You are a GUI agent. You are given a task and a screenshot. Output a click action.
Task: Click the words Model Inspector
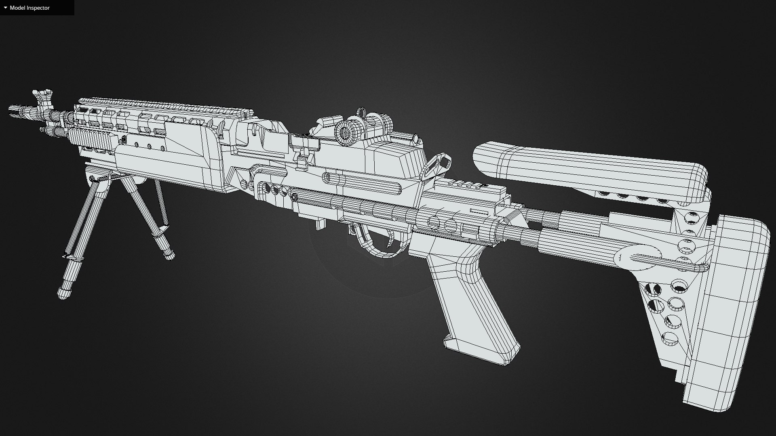coord(30,8)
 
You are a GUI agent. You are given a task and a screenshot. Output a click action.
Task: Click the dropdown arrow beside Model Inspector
coord(5,8)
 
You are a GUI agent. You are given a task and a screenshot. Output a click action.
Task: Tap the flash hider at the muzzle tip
coord(16,110)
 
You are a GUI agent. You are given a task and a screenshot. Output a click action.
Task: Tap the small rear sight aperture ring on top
coord(361,112)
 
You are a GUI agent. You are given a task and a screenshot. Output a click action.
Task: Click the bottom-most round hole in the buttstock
coord(670,339)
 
